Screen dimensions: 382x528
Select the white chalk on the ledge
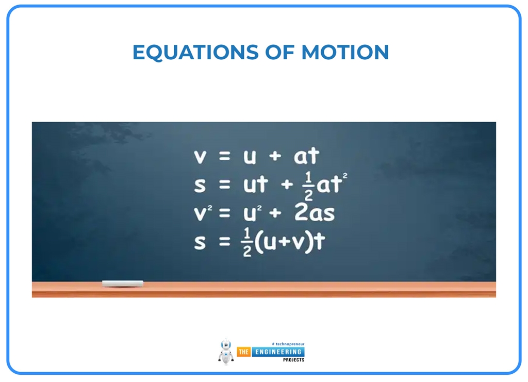[123, 284]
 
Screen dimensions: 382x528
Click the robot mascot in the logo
[226, 352]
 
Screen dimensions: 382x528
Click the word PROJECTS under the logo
[293, 360]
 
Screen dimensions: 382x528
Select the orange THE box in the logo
[243, 352]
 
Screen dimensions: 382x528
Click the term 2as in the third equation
[315, 212]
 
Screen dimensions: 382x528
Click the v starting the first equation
[200, 156]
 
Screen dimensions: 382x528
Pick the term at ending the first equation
[307, 156]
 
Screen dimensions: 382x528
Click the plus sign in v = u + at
[275, 156]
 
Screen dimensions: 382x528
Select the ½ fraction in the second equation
[308, 185]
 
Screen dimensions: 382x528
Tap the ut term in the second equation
[256, 185]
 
